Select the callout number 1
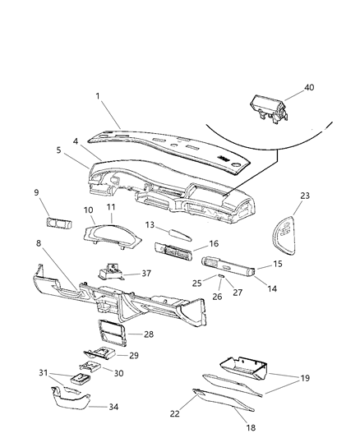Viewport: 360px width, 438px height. (x=99, y=95)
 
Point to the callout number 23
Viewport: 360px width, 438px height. (x=306, y=196)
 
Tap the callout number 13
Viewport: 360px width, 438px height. (x=150, y=224)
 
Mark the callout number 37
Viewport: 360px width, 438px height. (x=146, y=274)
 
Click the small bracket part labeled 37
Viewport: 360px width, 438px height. (x=110, y=272)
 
